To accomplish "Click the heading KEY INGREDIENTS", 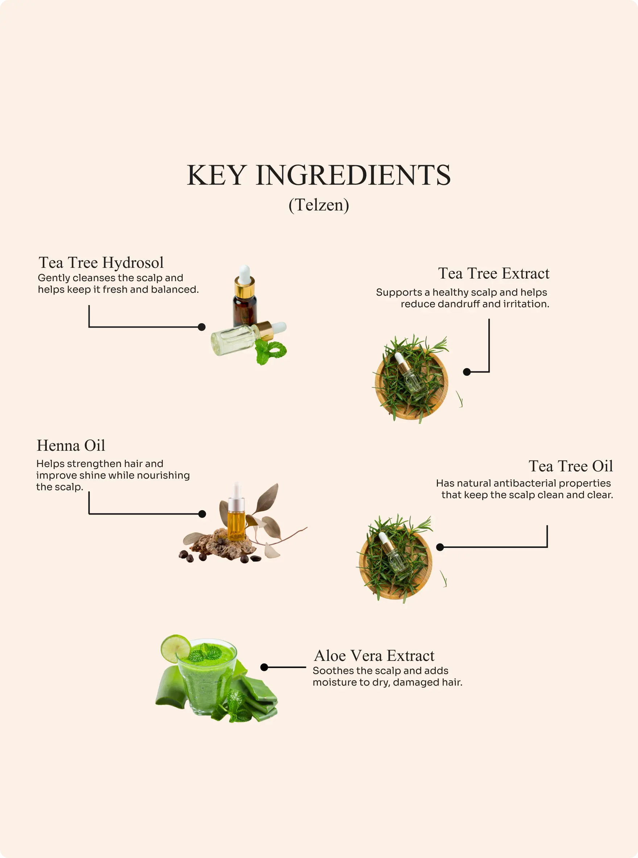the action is click(x=319, y=175).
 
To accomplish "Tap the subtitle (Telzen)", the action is click(x=319, y=205).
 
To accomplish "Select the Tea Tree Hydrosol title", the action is click(x=101, y=263).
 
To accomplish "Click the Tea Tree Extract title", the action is click(x=494, y=273).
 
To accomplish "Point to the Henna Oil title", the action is click(x=71, y=445).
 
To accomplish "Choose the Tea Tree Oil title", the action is click(x=571, y=466).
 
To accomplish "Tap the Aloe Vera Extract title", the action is click(x=374, y=655).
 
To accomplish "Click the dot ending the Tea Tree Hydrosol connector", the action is click(x=202, y=327).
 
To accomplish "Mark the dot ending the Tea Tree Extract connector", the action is click(x=467, y=372).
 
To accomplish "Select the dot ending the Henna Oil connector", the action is click(x=202, y=514).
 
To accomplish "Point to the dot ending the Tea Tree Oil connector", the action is click(x=440, y=547).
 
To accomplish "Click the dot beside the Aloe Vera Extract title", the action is click(x=264, y=667).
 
